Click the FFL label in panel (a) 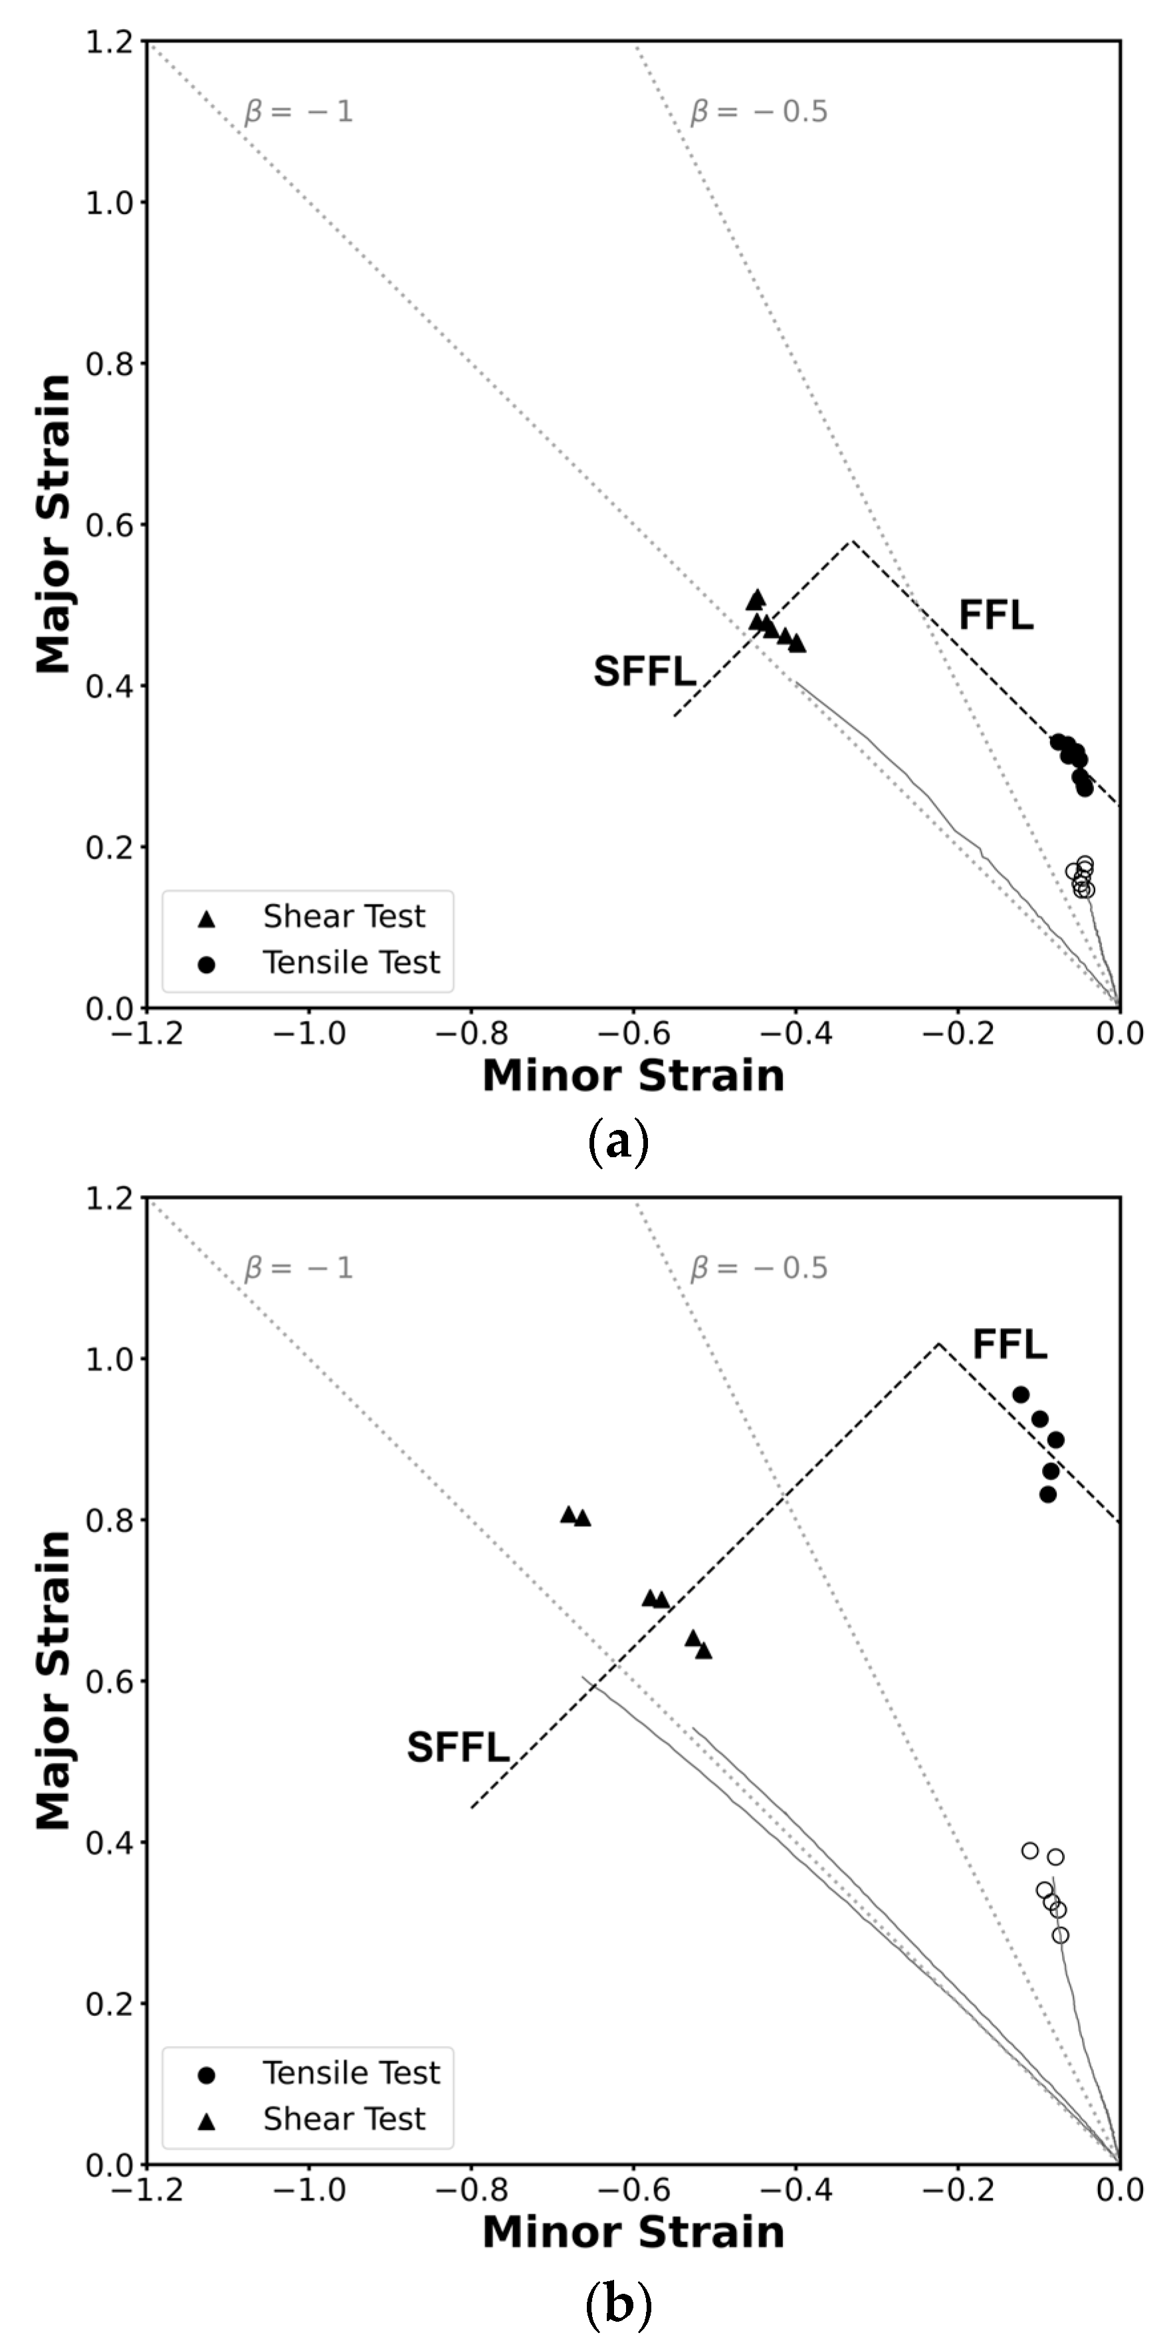(996, 616)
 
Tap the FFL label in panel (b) (1010, 1344)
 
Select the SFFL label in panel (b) (458, 1747)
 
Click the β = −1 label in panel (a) (298, 112)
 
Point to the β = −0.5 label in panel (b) (759, 1268)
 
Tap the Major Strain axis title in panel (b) (54, 1680)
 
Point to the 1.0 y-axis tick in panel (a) (109, 203)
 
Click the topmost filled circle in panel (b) (1021, 1394)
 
